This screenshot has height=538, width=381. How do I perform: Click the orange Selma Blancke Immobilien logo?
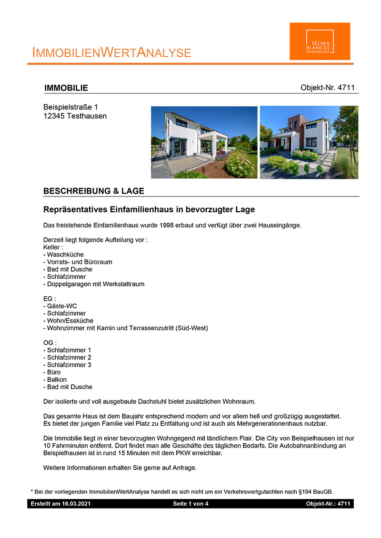pyautogui.click(x=320, y=41)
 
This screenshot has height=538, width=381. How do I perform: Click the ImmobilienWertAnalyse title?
pyautogui.click(x=111, y=53)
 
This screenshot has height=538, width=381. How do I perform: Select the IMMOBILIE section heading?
pyautogui.click(x=66, y=88)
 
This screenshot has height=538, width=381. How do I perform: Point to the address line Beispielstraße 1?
pyautogui.click(x=70, y=108)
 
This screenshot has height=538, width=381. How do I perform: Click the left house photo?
pyautogui.click(x=204, y=142)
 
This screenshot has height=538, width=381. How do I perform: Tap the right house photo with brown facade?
pyautogui.click(x=309, y=142)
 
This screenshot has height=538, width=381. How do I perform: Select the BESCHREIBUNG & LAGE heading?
pyautogui.click(x=93, y=191)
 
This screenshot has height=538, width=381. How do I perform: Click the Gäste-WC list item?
pyautogui.click(x=61, y=306)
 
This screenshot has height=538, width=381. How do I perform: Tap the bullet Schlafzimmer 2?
pyautogui.click(x=69, y=357)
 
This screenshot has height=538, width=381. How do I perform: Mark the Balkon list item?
pyautogui.click(x=57, y=380)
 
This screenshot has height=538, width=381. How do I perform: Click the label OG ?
pyautogui.click(x=50, y=342)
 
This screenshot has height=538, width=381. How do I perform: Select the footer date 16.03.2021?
pyautogui.click(x=77, y=503)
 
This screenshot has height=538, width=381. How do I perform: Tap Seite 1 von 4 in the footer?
pyautogui.click(x=190, y=503)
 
